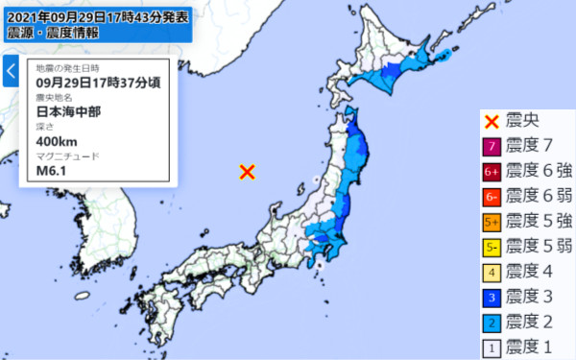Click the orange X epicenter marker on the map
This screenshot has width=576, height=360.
247,172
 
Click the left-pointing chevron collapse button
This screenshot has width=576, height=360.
11,71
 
